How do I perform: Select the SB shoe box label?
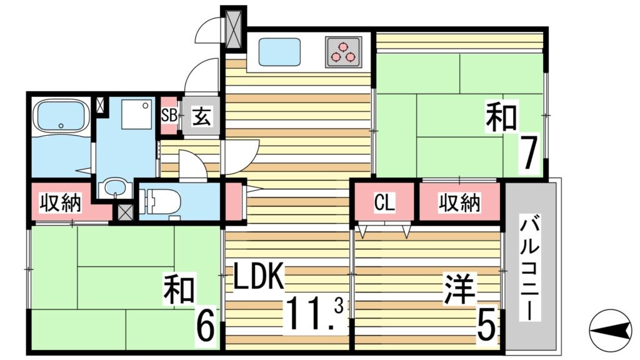[169, 116]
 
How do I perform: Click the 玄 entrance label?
[201, 116]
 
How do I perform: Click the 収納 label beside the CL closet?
[459, 202]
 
